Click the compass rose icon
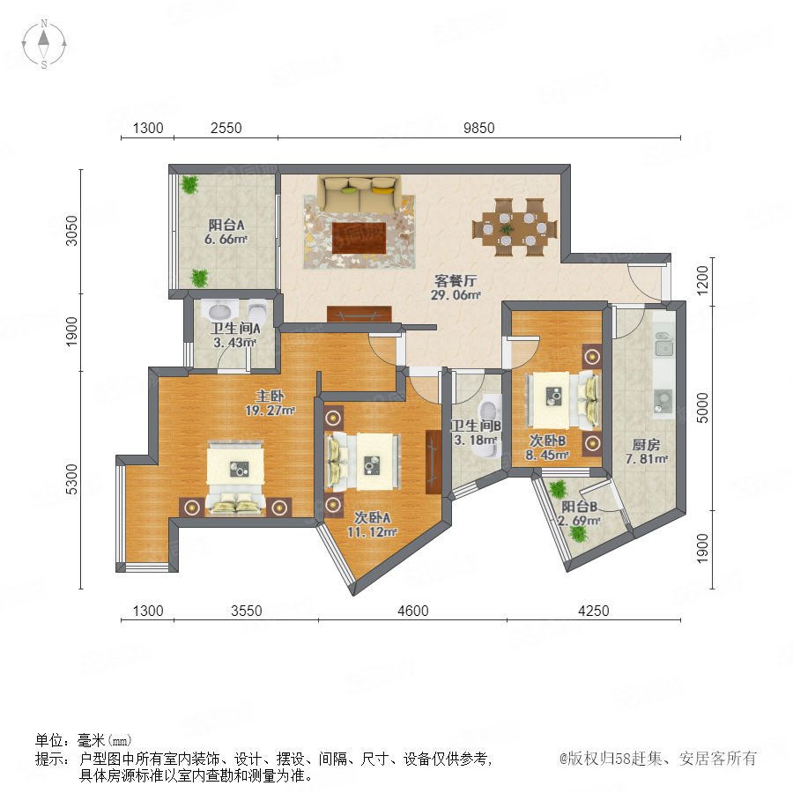[44, 43]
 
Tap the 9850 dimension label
[478, 128]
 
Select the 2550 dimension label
[226, 128]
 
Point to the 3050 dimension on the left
[72, 231]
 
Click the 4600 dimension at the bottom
[412, 611]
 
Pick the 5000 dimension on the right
[702, 408]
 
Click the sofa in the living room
[359, 194]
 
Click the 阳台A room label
[226, 225]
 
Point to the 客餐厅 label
[456, 281]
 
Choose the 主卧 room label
[270, 396]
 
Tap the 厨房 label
[646, 445]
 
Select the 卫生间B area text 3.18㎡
[476, 440]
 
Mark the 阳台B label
[580, 507]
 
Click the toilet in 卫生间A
[258, 309]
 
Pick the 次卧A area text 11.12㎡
[372, 531]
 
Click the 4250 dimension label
[593, 611]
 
